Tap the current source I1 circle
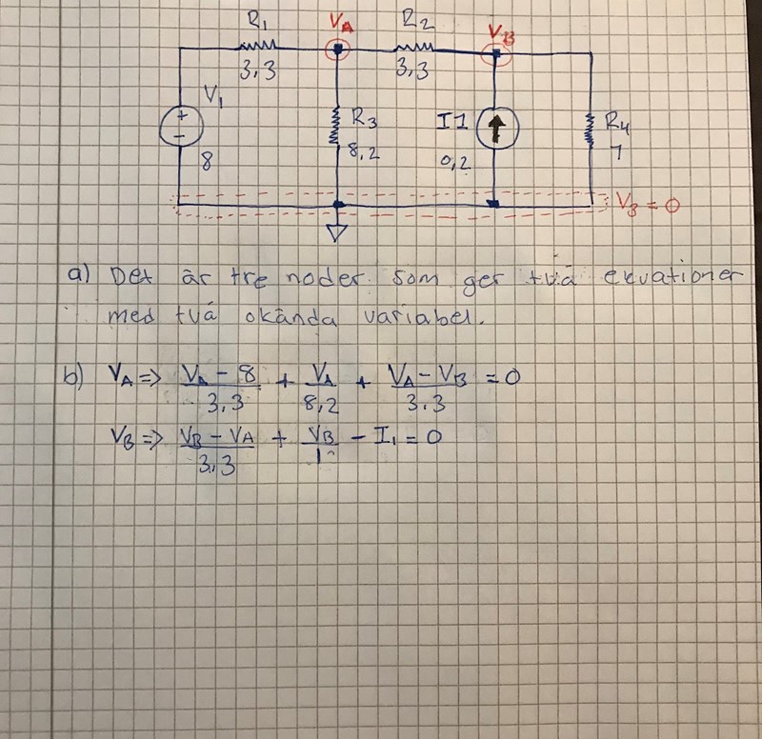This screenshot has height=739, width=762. click(x=493, y=127)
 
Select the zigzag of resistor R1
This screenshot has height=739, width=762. click(x=256, y=45)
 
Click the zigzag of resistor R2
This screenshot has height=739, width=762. click(x=413, y=46)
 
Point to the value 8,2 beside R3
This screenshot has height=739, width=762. click(x=365, y=150)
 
